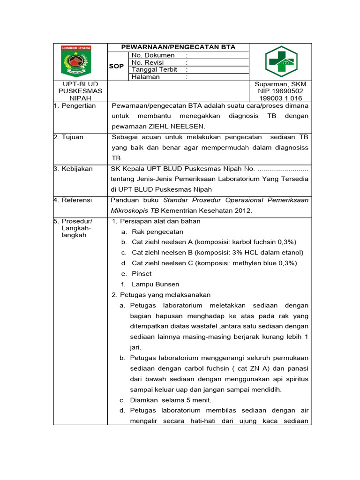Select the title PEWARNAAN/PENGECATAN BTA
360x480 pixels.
tap(178, 47)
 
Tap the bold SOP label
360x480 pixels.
tap(116, 66)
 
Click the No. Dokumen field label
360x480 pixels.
tap(153, 55)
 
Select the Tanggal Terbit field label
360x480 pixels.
tap(155, 69)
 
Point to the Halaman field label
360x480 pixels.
tap(146, 77)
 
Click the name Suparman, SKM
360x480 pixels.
tap(280, 84)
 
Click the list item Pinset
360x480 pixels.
tap(142, 274)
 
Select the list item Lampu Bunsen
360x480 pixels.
tap(156, 284)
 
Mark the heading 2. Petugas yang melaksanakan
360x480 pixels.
tap(161, 295)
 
